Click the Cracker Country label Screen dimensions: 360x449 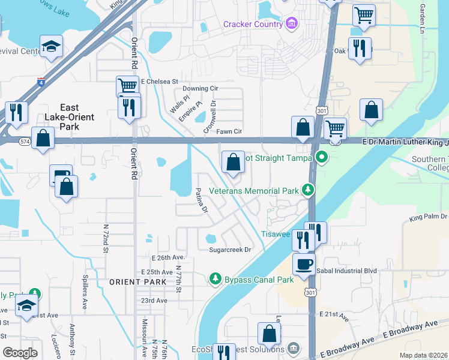tap(253, 24)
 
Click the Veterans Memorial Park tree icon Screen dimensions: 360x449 tap(309, 191)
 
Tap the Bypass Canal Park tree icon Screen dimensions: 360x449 tap(215, 279)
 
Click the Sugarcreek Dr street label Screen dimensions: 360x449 tap(229, 250)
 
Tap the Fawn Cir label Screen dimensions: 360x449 tap(229, 131)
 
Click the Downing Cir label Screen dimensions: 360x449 tap(200, 88)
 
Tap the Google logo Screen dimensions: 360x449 tap(20, 353)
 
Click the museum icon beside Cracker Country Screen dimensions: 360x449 tap(291, 24)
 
